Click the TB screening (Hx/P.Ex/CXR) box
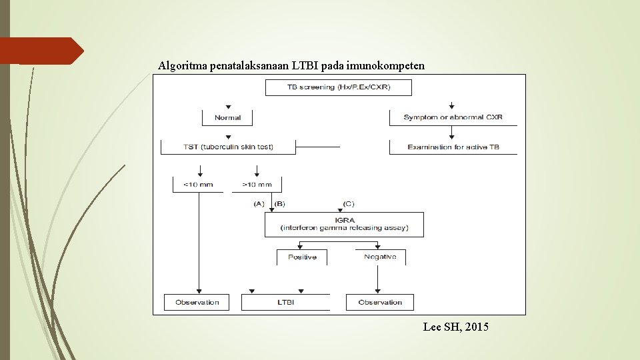(338, 87)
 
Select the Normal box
(228, 117)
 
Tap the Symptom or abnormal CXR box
(453, 117)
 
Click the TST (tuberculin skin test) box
(228, 147)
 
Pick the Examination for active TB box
(453, 147)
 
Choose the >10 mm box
(257, 184)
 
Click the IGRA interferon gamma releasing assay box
(344, 224)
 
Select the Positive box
(302, 257)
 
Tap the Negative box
(380, 257)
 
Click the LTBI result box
(285, 302)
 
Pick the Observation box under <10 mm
(197, 302)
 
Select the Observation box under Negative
(380, 302)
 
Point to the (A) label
(259, 203)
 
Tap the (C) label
(349, 203)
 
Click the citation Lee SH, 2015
(455, 327)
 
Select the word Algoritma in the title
(182, 66)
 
